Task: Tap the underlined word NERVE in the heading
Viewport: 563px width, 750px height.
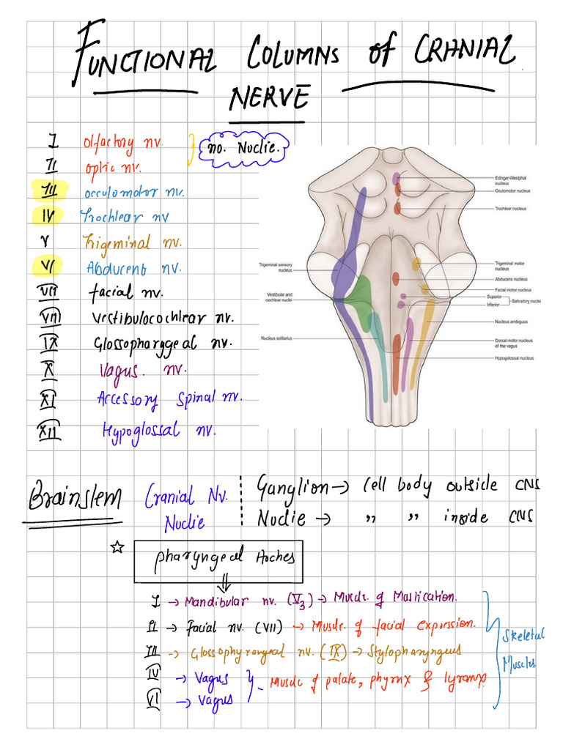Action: [x=268, y=97]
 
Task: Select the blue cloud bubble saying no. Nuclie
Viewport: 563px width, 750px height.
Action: [x=245, y=149]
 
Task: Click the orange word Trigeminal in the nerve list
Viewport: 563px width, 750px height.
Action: [x=117, y=242]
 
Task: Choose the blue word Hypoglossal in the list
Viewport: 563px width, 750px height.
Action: [x=140, y=430]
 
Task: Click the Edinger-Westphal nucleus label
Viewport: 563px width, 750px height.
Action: [x=511, y=179]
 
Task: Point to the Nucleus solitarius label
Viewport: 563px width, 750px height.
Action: [x=276, y=338]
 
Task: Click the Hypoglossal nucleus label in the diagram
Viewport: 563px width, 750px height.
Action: [x=514, y=358]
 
